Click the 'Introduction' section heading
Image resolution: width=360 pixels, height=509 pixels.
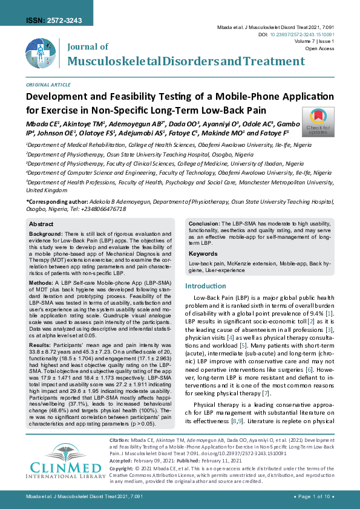pos(205,286)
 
